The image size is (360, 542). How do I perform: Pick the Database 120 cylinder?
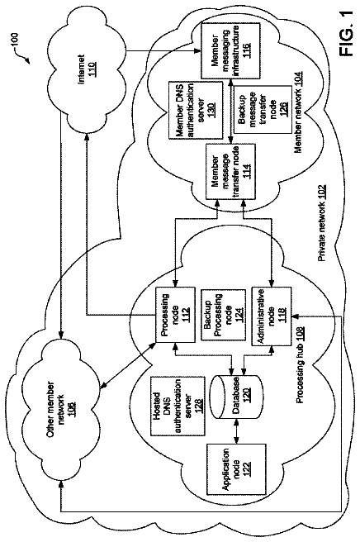[236, 397]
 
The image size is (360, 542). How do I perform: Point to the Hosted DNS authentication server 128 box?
[176, 406]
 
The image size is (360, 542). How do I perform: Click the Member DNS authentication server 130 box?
[195, 110]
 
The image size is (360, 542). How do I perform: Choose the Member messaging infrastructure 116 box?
[230, 50]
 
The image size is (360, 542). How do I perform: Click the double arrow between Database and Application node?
[236, 431]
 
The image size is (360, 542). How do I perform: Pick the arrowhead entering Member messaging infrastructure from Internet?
[198, 51]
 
